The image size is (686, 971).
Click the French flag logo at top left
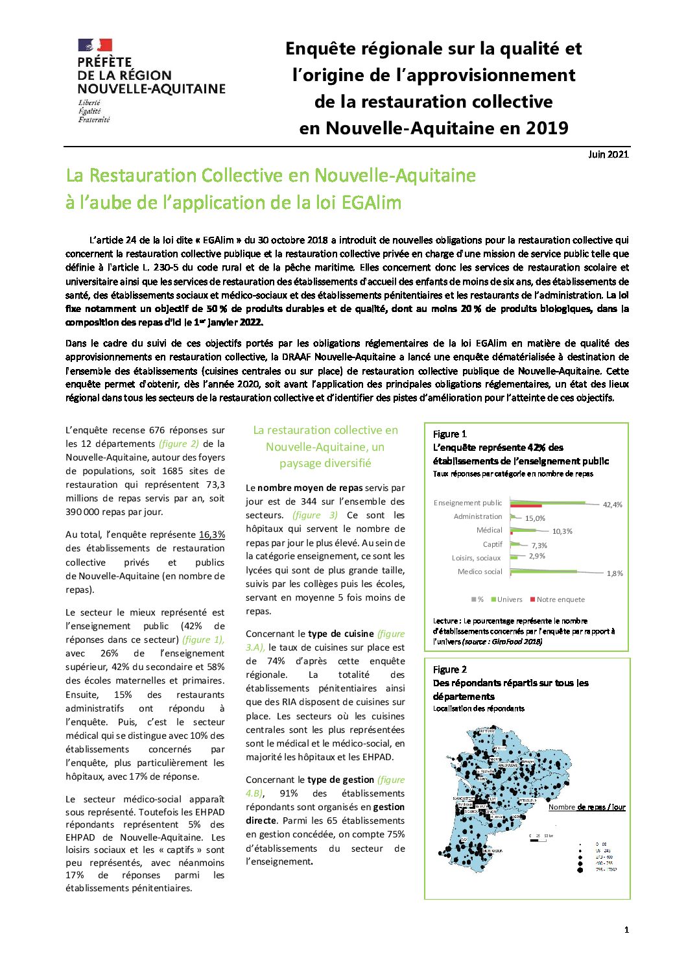pos(95,45)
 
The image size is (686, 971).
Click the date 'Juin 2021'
pos(608,154)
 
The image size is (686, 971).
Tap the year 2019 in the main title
pos(547,128)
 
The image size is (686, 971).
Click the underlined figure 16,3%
pos(211,534)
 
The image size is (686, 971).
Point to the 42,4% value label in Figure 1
pos(612,505)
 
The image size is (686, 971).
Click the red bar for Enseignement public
pos(526,506)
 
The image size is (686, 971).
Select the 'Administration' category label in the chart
pos(478,517)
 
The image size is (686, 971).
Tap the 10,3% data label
pos(562,531)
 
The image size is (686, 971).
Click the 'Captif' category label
pos(492,544)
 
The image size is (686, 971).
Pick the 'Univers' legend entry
pos(509,599)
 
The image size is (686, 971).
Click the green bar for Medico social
pos(544,571)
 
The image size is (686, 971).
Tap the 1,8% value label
pos(615,573)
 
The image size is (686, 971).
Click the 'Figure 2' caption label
pos(450,669)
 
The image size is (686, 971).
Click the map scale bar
pos(538,841)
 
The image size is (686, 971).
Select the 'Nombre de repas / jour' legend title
pos(587,808)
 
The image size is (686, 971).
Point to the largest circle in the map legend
pos(580,869)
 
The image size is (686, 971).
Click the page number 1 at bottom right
pos(626,930)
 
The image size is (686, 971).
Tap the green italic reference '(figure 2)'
pos(179,444)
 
